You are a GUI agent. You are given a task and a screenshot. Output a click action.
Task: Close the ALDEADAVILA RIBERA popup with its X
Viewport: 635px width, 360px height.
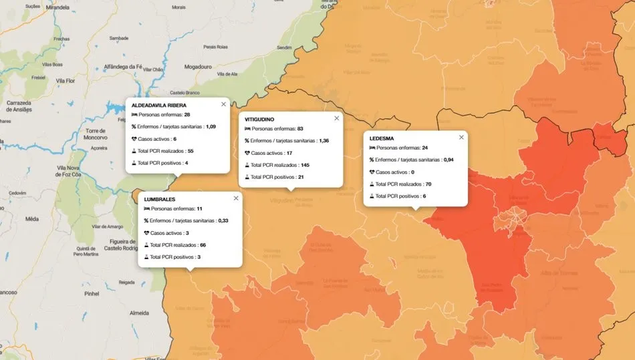click(x=223, y=104)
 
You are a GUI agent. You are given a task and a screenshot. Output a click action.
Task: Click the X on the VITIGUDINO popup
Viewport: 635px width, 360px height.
click(x=336, y=118)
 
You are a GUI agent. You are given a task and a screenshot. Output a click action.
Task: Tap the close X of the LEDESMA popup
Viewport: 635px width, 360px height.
click(x=461, y=137)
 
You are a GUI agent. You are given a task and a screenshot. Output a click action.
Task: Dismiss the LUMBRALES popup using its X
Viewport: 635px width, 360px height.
click(x=235, y=198)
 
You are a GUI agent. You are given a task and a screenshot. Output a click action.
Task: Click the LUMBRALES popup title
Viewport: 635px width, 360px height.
click(x=158, y=198)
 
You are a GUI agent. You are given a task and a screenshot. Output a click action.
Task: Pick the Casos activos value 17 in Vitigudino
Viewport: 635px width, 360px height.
click(x=289, y=153)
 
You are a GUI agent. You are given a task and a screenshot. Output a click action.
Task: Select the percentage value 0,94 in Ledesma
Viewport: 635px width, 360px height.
click(x=449, y=160)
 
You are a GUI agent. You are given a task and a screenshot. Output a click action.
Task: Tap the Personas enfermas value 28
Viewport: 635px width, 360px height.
click(x=187, y=115)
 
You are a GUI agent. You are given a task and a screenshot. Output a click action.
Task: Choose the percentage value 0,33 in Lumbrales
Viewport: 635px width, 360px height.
click(x=223, y=220)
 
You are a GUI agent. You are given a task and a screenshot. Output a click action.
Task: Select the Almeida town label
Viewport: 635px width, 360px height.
click(x=139, y=312)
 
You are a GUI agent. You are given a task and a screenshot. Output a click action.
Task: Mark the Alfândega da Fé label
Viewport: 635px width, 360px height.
click(x=119, y=67)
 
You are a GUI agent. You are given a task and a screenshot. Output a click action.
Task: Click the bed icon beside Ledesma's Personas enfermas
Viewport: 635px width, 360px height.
click(x=372, y=148)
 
